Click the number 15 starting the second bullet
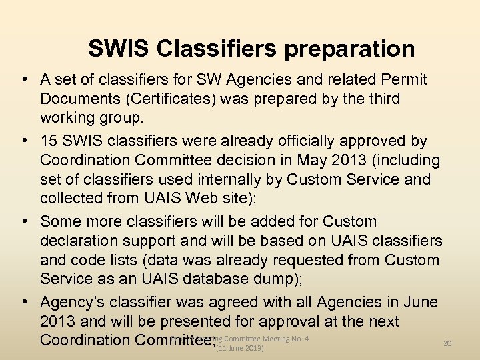[49, 141]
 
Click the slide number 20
[447, 343]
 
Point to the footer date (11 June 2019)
[240, 349]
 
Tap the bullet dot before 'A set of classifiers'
[24, 80]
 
